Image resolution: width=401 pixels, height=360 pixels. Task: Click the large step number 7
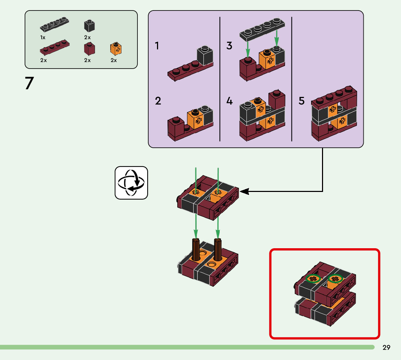[x=29, y=84]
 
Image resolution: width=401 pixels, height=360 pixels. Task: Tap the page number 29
[x=386, y=348]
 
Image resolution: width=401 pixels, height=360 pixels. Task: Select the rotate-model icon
[x=131, y=183]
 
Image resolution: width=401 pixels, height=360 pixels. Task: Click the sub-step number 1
[x=157, y=46]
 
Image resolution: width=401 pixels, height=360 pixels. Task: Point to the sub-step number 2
[x=158, y=101]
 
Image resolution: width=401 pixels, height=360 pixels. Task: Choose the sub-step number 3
[x=229, y=46]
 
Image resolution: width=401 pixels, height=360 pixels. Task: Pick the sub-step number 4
[x=229, y=101]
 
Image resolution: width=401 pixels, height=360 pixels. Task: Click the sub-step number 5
[x=302, y=101]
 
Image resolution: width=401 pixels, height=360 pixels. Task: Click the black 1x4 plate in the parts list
[x=54, y=24]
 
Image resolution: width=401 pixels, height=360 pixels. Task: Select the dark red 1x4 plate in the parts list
[x=54, y=47]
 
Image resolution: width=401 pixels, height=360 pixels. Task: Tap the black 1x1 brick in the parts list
[x=90, y=26]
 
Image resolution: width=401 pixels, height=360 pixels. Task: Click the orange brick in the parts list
[x=116, y=49]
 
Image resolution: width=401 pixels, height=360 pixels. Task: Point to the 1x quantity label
[x=43, y=37]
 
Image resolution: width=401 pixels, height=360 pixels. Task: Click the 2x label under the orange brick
[x=114, y=60]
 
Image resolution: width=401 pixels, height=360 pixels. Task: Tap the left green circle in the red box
[x=313, y=279]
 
